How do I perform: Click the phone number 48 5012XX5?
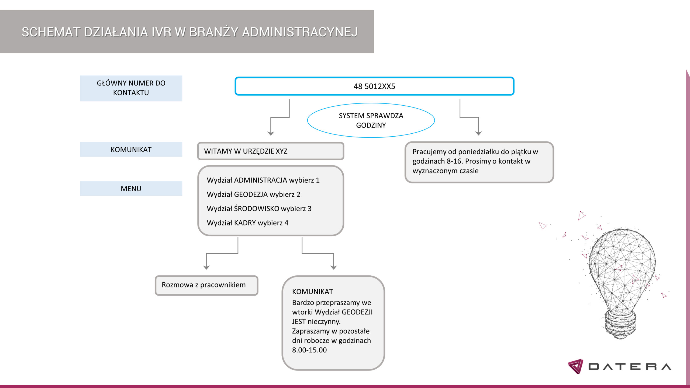click(374, 86)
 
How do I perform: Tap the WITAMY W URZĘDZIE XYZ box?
click(271, 151)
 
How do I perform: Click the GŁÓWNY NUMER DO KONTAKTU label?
click(131, 88)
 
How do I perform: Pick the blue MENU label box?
click(131, 189)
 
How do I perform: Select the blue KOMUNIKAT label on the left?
click(131, 150)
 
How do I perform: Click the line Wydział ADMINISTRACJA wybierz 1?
click(263, 180)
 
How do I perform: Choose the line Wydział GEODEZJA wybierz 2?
click(253, 195)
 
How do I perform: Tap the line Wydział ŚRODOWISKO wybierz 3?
click(259, 209)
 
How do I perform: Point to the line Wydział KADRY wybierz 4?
click(247, 223)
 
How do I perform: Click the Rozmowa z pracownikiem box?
click(206, 285)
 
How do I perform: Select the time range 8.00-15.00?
click(309, 350)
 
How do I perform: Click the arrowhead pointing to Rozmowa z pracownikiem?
click(206, 268)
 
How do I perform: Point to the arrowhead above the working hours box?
click(478, 133)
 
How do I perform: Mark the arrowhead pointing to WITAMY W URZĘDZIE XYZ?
click(271, 133)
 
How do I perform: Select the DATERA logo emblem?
click(575, 366)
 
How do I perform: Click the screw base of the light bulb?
click(620, 325)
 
